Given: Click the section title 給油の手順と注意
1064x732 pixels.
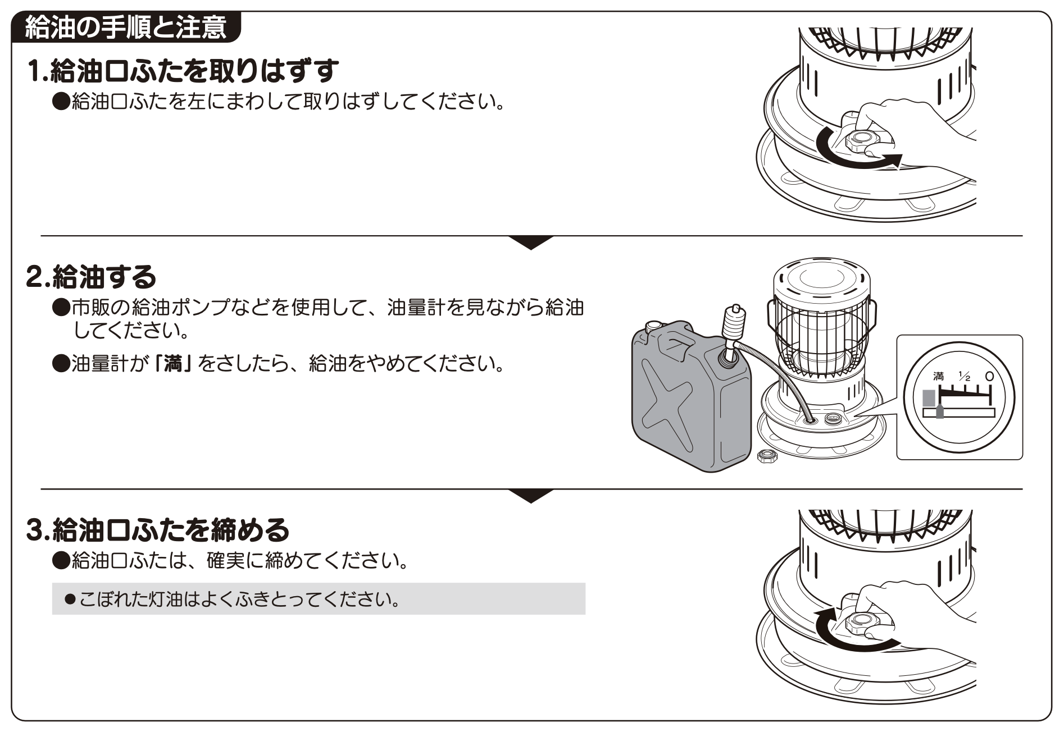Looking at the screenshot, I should (126, 28).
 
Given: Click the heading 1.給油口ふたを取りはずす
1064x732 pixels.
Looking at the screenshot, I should (183, 71).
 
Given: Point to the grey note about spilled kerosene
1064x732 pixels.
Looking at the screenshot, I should (318, 599).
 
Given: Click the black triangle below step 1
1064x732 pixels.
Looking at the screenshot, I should (531, 242).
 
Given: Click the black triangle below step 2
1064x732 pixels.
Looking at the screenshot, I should (531, 495).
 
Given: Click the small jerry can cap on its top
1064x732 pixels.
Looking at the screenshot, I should (653, 326).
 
